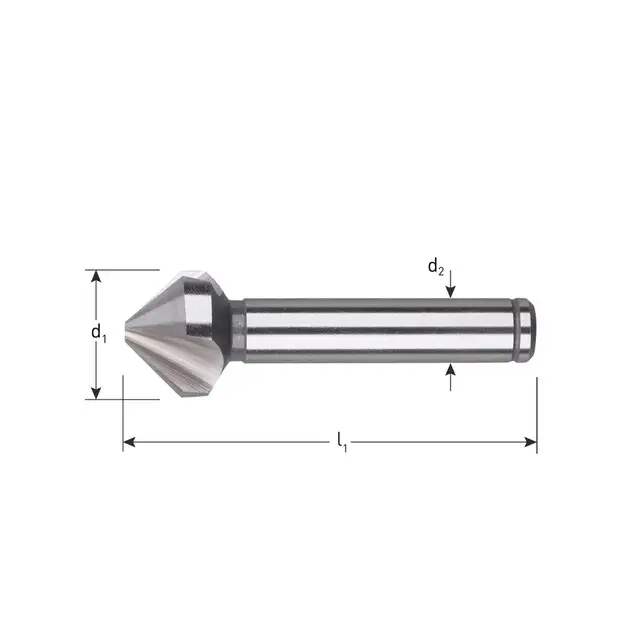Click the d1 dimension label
tap(98, 332)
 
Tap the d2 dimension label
tap(436, 266)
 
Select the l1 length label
tap(342, 438)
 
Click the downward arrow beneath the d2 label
tap(452, 291)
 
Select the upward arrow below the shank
tap(452, 372)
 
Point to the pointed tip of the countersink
tap(124, 333)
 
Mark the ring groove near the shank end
tap(519, 331)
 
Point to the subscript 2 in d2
tap(443, 270)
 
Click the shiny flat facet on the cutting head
tap(200, 310)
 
